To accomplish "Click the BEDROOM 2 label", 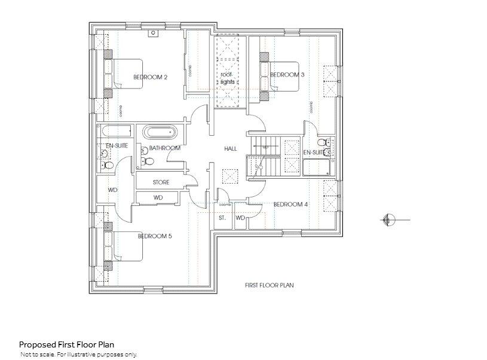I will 150,77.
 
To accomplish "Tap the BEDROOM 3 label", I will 287,75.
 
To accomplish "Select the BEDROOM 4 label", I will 290,205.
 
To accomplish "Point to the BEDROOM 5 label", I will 155,236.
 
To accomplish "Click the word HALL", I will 231,148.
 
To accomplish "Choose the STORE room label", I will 161,182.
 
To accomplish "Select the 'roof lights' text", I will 228,78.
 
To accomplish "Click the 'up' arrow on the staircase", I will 265,147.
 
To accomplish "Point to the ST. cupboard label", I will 222,218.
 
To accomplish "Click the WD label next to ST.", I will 240,218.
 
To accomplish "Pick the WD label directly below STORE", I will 158,197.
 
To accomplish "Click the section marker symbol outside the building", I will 387,220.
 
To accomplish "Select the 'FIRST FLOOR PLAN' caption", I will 269,285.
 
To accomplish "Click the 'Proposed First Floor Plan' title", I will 66,344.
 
